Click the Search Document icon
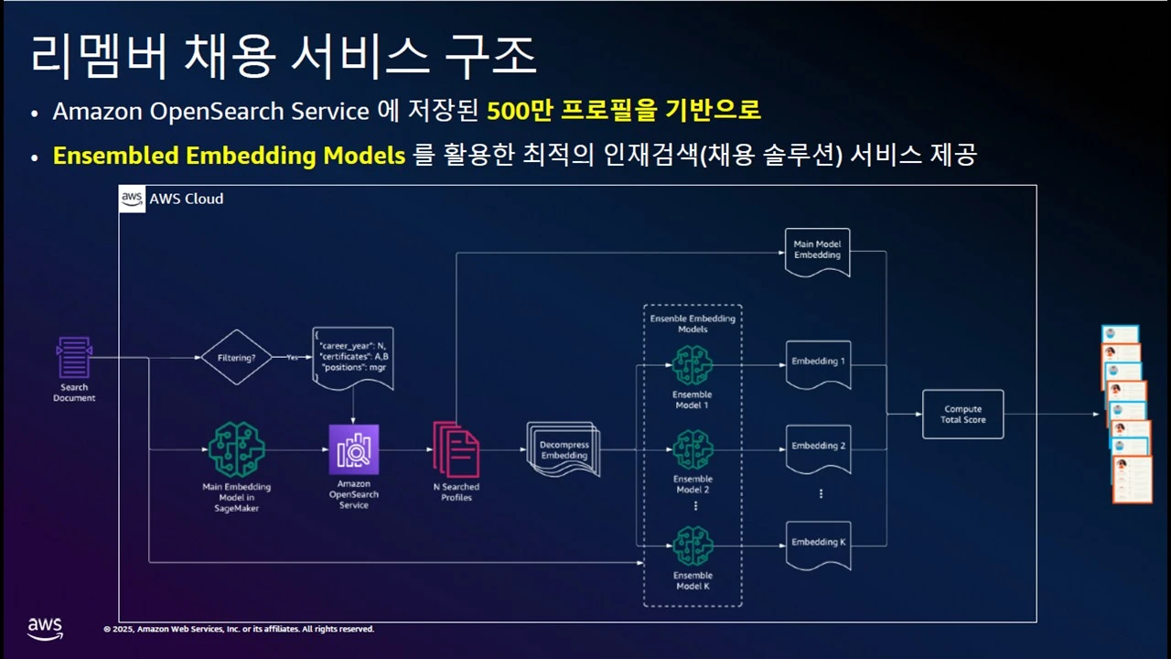click(x=74, y=358)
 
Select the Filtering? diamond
click(x=236, y=357)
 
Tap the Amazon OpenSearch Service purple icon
click(x=353, y=449)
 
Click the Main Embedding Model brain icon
click(x=236, y=449)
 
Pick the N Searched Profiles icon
click(x=456, y=449)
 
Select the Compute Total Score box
click(x=962, y=414)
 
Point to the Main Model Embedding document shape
click(x=817, y=251)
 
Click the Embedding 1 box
click(x=818, y=362)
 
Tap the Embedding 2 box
click(x=818, y=447)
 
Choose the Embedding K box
click(x=818, y=543)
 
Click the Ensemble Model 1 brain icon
click(x=693, y=365)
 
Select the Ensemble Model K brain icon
click(x=693, y=546)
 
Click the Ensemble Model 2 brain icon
click(x=693, y=449)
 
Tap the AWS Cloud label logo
click(x=133, y=199)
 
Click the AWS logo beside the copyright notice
click(x=45, y=628)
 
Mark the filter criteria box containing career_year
click(x=353, y=357)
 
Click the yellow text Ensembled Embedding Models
click(x=229, y=156)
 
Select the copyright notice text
click(x=239, y=630)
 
